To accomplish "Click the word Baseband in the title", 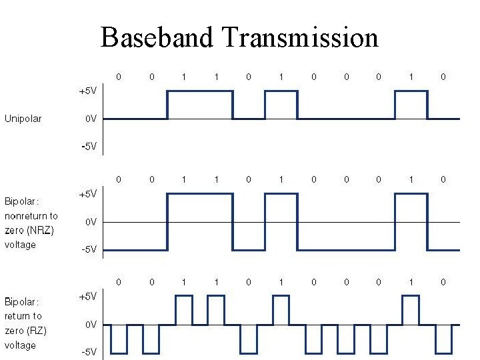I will (x=157, y=37).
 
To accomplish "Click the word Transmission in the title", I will (x=301, y=37).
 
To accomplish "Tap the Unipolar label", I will (x=23, y=119).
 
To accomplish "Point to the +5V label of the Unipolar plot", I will (x=88, y=91).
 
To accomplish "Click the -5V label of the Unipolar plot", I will (x=89, y=147).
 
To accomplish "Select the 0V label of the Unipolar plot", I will (x=91, y=119).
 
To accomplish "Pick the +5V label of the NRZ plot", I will (x=88, y=193).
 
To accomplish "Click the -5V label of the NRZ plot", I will (x=89, y=249).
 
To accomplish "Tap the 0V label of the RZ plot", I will (x=91, y=325).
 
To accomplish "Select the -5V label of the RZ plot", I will (x=89, y=352).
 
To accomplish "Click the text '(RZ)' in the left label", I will (x=36, y=331).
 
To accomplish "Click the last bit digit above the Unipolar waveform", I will (x=443, y=77).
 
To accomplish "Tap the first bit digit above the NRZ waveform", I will (x=119, y=179).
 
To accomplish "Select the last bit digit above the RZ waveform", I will (x=443, y=282).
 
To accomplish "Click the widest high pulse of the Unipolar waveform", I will (x=200, y=105).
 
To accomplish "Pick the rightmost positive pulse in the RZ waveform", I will (x=411, y=310).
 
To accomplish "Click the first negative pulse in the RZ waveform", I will (x=119, y=339).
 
